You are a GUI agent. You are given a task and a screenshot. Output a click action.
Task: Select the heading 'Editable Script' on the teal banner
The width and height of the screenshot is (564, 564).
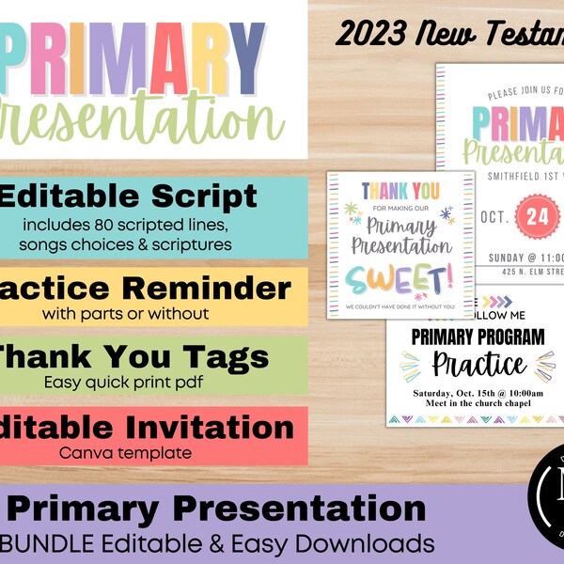point(129,197)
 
